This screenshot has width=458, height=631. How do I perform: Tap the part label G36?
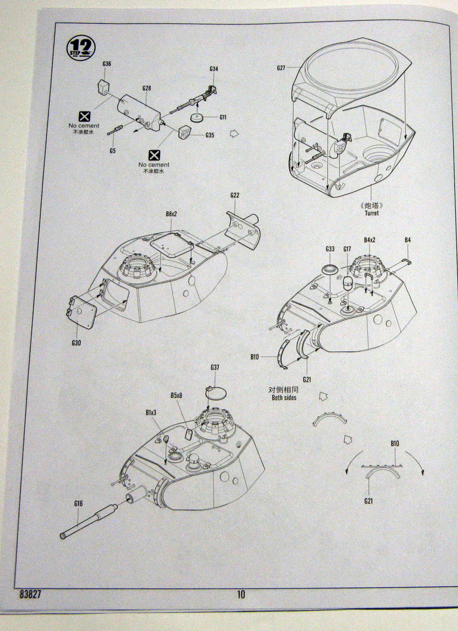(x=107, y=64)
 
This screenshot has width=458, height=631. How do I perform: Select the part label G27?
(x=281, y=68)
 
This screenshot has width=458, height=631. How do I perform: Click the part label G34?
(x=214, y=69)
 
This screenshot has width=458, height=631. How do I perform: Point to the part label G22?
(x=234, y=195)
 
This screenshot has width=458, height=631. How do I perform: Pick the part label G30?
(x=76, y=342)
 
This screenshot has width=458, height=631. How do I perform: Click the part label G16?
(x=79, y=504)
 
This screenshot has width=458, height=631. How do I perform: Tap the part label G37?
(x=215, y=367)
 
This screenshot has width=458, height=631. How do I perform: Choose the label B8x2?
(x=171, y=214)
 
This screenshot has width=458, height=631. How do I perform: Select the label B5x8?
(x=176, y=395)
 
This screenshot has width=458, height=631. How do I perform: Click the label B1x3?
(x=151, y=412)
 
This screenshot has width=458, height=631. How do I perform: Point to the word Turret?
(x=371, y=213)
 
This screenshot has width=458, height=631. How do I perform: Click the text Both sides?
(x=283, y=398)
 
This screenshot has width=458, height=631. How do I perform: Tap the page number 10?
(x=240, y=594)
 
